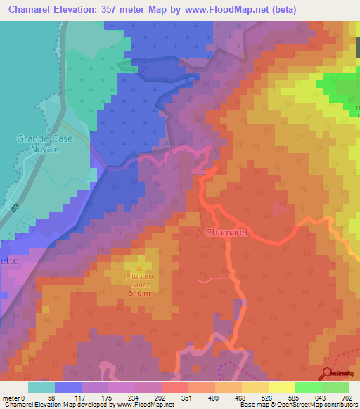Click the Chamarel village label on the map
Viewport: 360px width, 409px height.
(x=226, y=231)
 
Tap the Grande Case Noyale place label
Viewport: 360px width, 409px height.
(x=39, y=144)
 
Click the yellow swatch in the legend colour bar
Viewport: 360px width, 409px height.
(x=281, y=387)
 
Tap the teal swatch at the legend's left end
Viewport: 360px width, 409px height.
(x=41, y=387)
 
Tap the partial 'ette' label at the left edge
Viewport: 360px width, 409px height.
(x=8, y=259)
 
